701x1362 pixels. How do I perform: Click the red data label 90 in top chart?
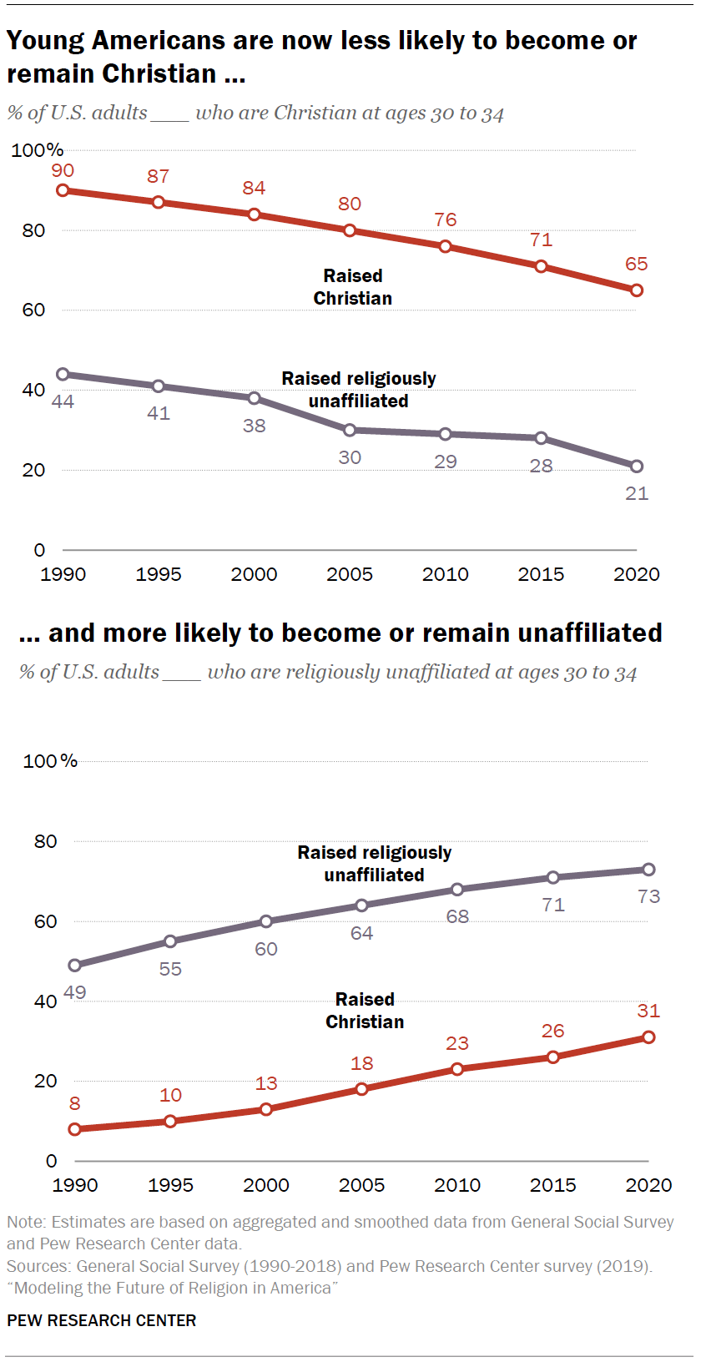click(x=63, y=171)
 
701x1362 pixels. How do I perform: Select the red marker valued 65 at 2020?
click(x=637, y=290)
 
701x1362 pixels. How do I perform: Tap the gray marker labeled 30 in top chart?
click(x=350, y=430)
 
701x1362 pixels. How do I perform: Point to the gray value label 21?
click(x=637, y=493)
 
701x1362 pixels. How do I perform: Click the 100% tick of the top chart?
click(x=37, y=150)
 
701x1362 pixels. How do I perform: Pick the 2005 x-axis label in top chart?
click(x=350, y=574)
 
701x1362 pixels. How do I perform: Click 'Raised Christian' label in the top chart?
click(x=352, y=287)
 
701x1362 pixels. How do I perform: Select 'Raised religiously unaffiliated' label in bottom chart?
click(x=374, y=864)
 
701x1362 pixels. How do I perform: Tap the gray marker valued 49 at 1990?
click(x=75, y=965)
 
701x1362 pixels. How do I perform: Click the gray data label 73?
click(x=648, y=896)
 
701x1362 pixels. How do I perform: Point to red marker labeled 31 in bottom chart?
click(x=648, y=1037)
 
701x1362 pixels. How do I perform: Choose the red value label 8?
click(x=75, y=1103)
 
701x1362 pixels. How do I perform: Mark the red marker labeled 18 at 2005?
click(x=361, y=1089)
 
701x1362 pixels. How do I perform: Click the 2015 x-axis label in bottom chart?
click(x=552, y=1185)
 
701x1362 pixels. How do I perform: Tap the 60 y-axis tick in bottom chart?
click(x=45, y=921)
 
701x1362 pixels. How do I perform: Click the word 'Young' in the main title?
click(x=45, y=41)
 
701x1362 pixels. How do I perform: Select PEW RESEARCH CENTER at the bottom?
click(x=102, y=1320)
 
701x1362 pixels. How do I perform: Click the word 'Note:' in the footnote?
click(x=27, y=1222)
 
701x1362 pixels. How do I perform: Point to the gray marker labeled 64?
click(x=361, y=905)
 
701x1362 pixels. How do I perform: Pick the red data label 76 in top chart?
click(x=446, y=219)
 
